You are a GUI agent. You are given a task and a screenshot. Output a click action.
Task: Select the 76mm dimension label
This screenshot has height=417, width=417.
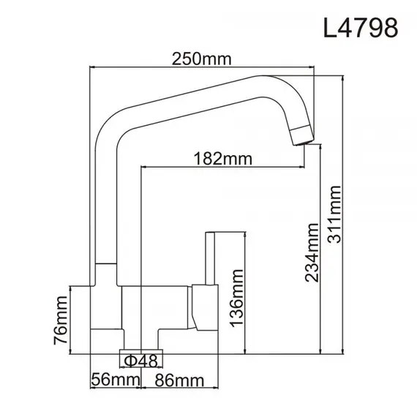[x=61, y=320]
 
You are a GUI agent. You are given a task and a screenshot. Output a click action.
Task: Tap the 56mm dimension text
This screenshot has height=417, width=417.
[x=112, y=380]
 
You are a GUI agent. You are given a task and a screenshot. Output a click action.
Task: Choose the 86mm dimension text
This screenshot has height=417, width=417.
[x=178, y=380]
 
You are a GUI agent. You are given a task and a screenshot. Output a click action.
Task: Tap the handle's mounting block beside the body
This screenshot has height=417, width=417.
[x=200, y=307]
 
